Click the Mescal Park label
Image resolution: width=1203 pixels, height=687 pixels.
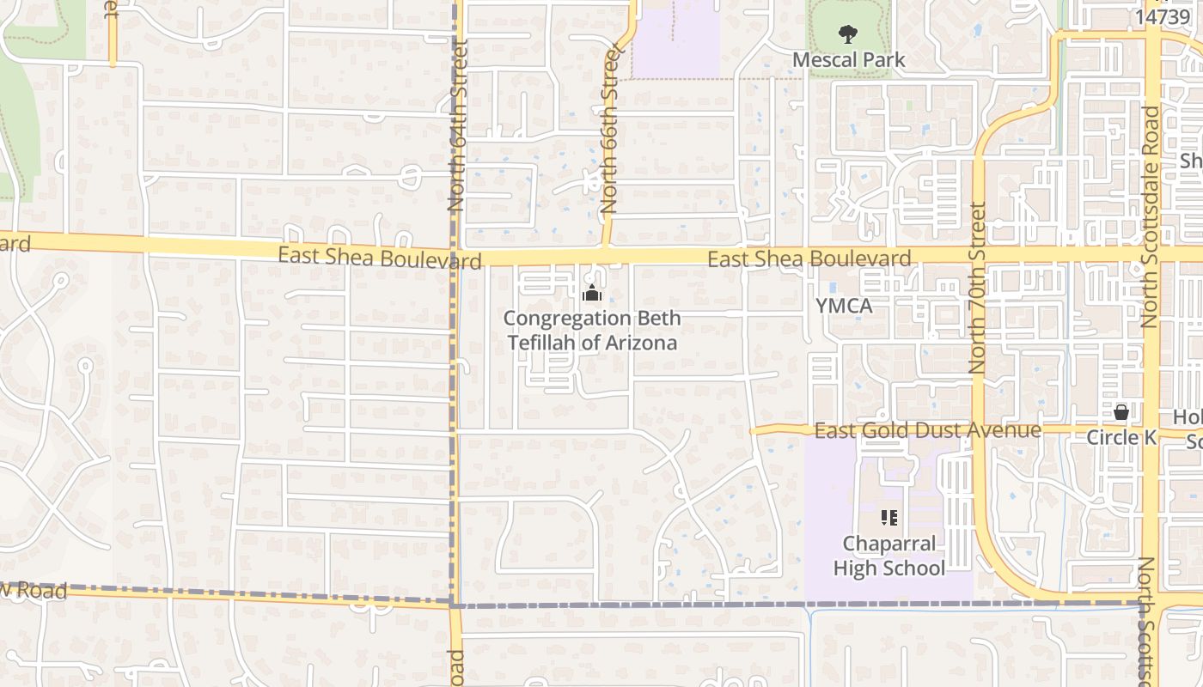(x=848, y=60)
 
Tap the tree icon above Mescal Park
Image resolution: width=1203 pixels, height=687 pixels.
(x=848, y=35)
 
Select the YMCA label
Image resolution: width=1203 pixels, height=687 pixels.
(x=844, y=306)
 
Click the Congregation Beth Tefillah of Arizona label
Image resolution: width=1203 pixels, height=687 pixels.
(x=592, y=331)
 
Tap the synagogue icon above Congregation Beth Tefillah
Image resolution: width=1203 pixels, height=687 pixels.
(x=591, y=295)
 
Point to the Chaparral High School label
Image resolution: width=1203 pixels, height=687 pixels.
(x=889, y=556)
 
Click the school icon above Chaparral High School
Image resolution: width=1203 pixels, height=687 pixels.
(x=889, y=518)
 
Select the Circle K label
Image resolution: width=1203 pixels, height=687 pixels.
(x=1121, y=438)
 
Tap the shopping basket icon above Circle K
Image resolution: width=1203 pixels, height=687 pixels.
(x=1121, y=413)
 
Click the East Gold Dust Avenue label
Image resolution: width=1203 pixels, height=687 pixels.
(x=927, y=430)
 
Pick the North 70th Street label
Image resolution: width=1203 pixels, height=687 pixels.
(x=978, y=287)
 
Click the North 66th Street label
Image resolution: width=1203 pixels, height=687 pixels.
(x=610, y=131)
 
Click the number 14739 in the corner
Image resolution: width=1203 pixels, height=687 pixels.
(x=1162, y=16)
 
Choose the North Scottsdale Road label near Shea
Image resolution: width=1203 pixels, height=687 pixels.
(x=1150, y=216)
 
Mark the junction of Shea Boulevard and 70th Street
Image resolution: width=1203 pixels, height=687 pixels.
(x=979, y=255)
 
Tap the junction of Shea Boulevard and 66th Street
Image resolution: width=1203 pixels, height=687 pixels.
(x=605, y=255)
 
